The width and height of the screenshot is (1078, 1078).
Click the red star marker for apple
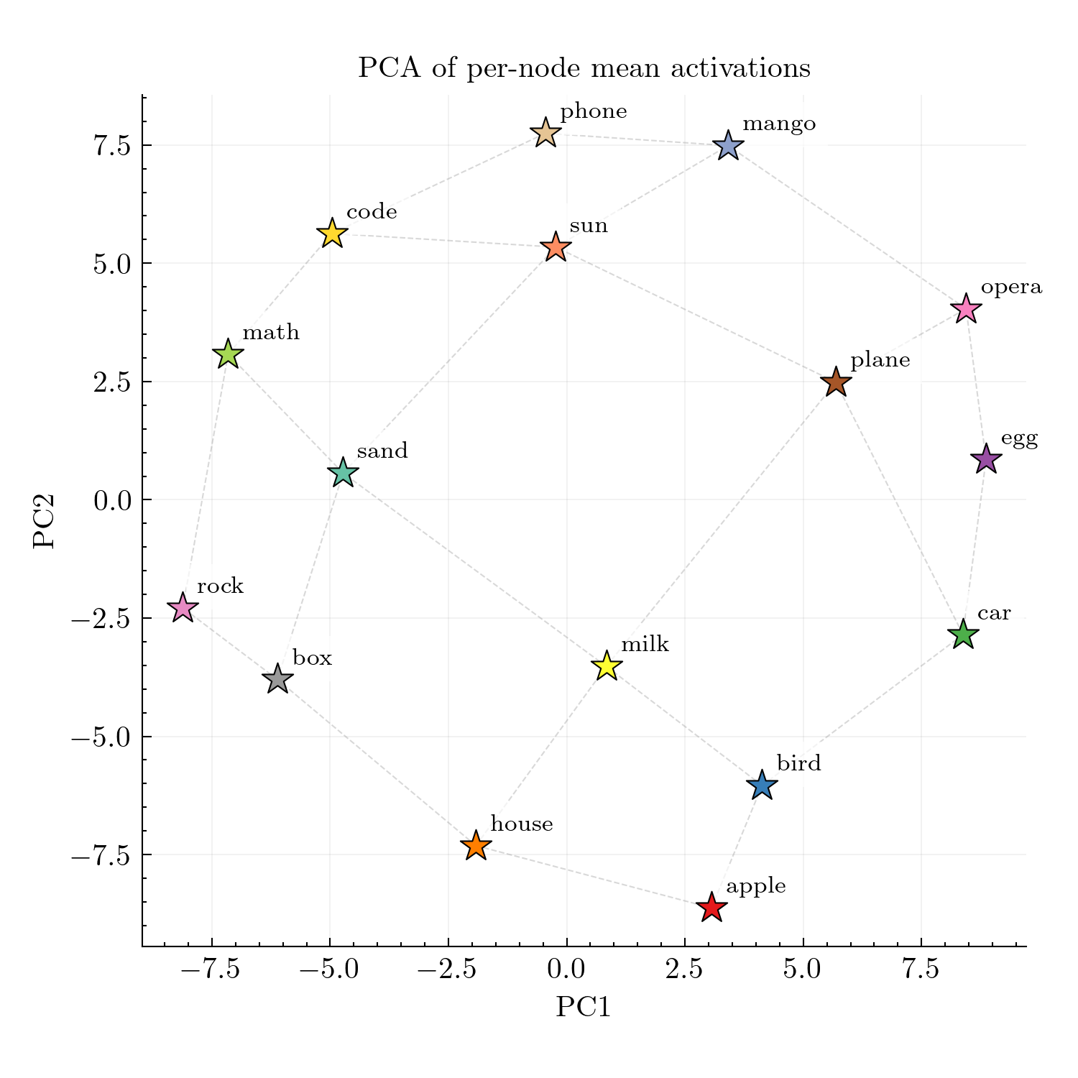pyautogui.click(x=711, y=908)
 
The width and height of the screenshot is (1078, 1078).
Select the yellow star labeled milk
pyautogui.click(x=607, y=665)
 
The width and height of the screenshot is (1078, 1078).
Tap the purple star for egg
pyautogui.click(x=986, y=459)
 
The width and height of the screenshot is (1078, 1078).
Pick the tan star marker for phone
pyautogui.click(x=545, y=134)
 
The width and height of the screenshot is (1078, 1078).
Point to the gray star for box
pyautogui.click(x=277, y=679)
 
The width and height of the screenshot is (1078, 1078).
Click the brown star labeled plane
pyautogui.click(x=836, y=382)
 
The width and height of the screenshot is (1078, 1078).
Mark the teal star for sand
pyautogui.click(x=343, y=473)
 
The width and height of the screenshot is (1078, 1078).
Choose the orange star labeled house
pyautogui.click(x=475, y=846)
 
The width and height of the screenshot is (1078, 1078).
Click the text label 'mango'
pyautogui.click(x=779, y=124)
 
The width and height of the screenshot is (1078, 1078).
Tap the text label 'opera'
pyautogui.click(x=1011, y=287)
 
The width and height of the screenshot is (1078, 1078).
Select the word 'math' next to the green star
pyautogui.click(x=270, y=333)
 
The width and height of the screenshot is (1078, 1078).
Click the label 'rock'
pyautogui.click(x=220, y=586)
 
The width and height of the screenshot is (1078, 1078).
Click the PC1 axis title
pyautogui.click(x=583, y=1008)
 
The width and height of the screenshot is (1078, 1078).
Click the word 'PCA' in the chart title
pyautogui.click(x=384, y=69)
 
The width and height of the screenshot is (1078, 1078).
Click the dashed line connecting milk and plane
pyautogui.click(x=721, y=524)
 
